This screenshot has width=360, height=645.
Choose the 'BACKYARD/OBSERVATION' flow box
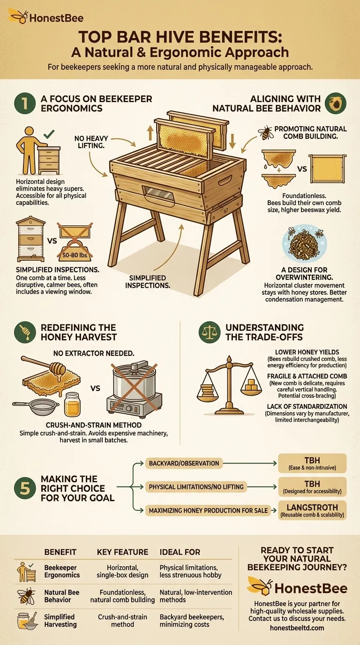coord(184,463)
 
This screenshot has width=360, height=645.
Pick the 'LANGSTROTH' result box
coord(312,510)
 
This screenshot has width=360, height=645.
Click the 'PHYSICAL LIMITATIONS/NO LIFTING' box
coord(196,487)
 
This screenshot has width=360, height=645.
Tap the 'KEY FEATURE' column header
coord(122,552)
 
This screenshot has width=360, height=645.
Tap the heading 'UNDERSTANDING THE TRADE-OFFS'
coord(264,332)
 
